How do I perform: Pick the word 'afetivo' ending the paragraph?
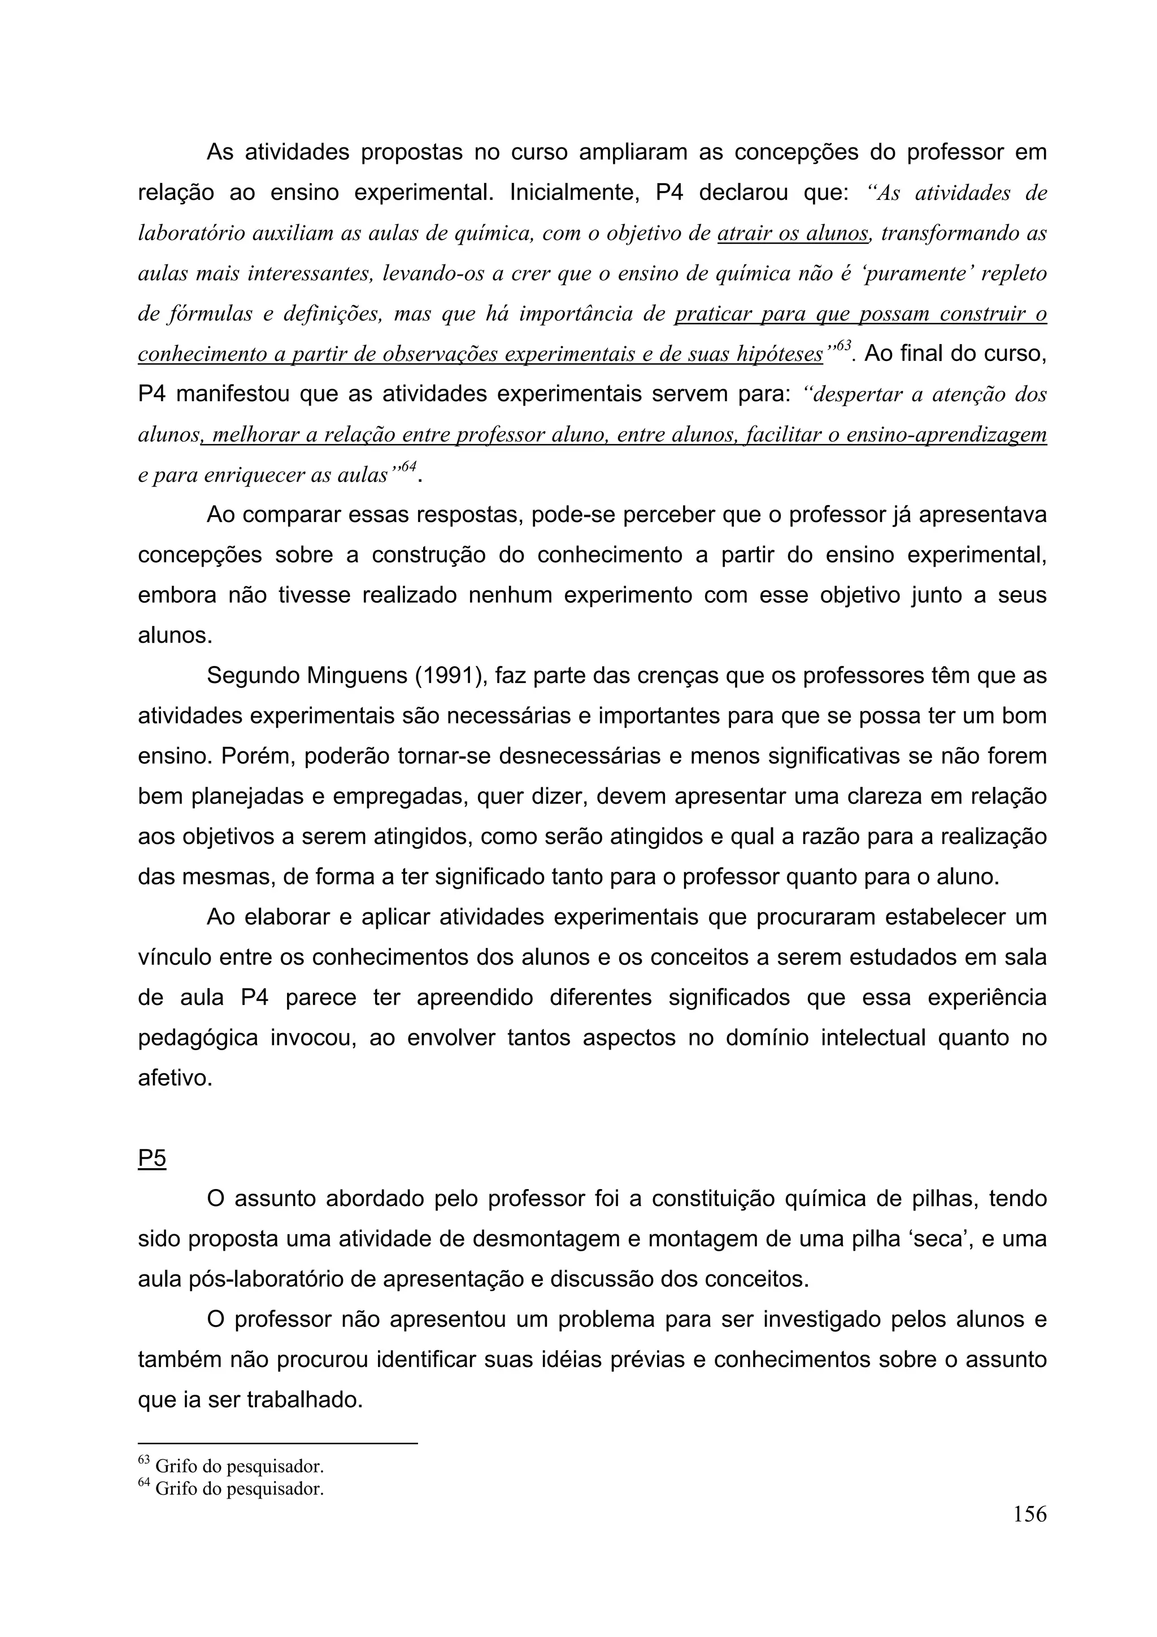174,1078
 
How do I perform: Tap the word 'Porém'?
258,756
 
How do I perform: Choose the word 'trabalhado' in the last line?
305,1400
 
